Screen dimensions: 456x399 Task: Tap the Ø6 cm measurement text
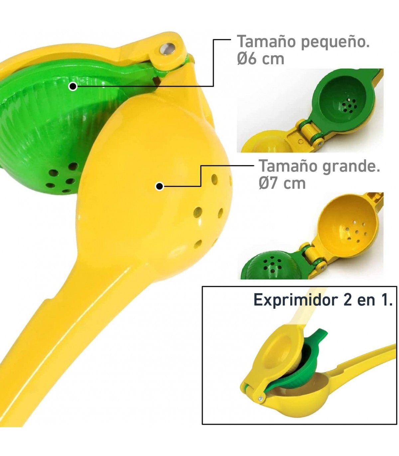tap(260, 59)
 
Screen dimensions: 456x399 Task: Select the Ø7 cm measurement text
tap(282, 183)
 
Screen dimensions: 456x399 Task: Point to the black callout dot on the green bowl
tap(73, 87)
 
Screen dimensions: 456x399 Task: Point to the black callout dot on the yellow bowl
tap(160, 186)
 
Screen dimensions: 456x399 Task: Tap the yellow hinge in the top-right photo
tap(309, 133)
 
